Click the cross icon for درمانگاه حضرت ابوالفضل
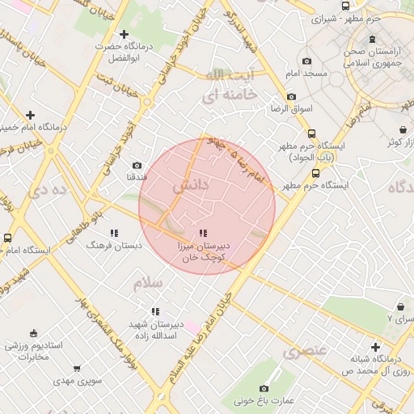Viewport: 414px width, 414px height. [124, 34]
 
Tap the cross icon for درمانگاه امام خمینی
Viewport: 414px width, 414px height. [30, 115]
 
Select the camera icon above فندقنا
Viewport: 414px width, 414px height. [136, 165]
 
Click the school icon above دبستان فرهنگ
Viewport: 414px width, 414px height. [113, 233]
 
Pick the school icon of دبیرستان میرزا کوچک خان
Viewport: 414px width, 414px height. [202, 233]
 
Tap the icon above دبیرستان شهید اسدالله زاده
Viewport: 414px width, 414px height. [155, 311]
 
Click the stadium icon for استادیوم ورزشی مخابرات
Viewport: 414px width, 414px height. [33, 333]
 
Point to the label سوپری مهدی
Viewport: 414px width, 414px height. [74, 379]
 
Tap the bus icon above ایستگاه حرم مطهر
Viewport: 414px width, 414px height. [315, 173]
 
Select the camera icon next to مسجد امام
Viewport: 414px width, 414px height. [306, 61]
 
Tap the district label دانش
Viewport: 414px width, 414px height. [191, 185]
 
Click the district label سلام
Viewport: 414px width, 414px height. [148, 284]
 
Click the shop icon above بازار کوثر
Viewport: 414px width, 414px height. [403, 130]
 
